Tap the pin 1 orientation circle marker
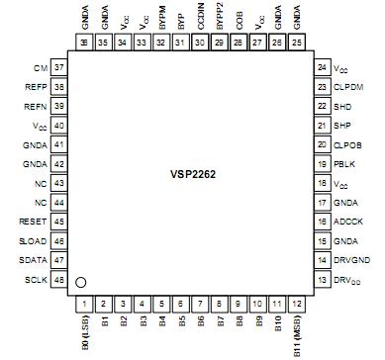(x=82, y=283)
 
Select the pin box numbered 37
(x=60, y=67)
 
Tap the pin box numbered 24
(x=322, y=67)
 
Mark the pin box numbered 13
(x=322, y=281)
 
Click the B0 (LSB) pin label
(x=85, y=334)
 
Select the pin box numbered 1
(x=85, y=304)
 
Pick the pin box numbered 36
(x=85, y=44)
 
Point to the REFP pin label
(x=36, y=85)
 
